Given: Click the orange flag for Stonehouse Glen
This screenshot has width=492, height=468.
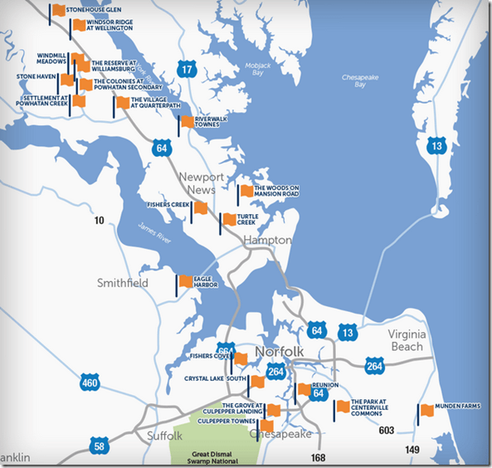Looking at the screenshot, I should tap(58, 11).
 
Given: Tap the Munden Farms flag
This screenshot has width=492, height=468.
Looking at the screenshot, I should tap(427, 410).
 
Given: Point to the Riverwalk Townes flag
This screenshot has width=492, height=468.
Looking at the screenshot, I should tap(188, 122).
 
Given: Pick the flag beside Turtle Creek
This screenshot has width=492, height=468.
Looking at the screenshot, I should tap(228, 220).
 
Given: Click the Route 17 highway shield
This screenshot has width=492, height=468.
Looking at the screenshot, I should tap(188, 70).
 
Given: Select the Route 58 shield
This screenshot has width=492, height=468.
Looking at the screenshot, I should tap(100, 447).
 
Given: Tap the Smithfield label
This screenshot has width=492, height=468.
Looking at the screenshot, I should tap(123, 283).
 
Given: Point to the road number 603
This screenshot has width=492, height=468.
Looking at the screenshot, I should tap(385, 431).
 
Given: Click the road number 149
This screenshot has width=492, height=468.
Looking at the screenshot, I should tap(412, 450).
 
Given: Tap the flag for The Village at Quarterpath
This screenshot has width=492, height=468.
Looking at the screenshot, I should tap(123, 103).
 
